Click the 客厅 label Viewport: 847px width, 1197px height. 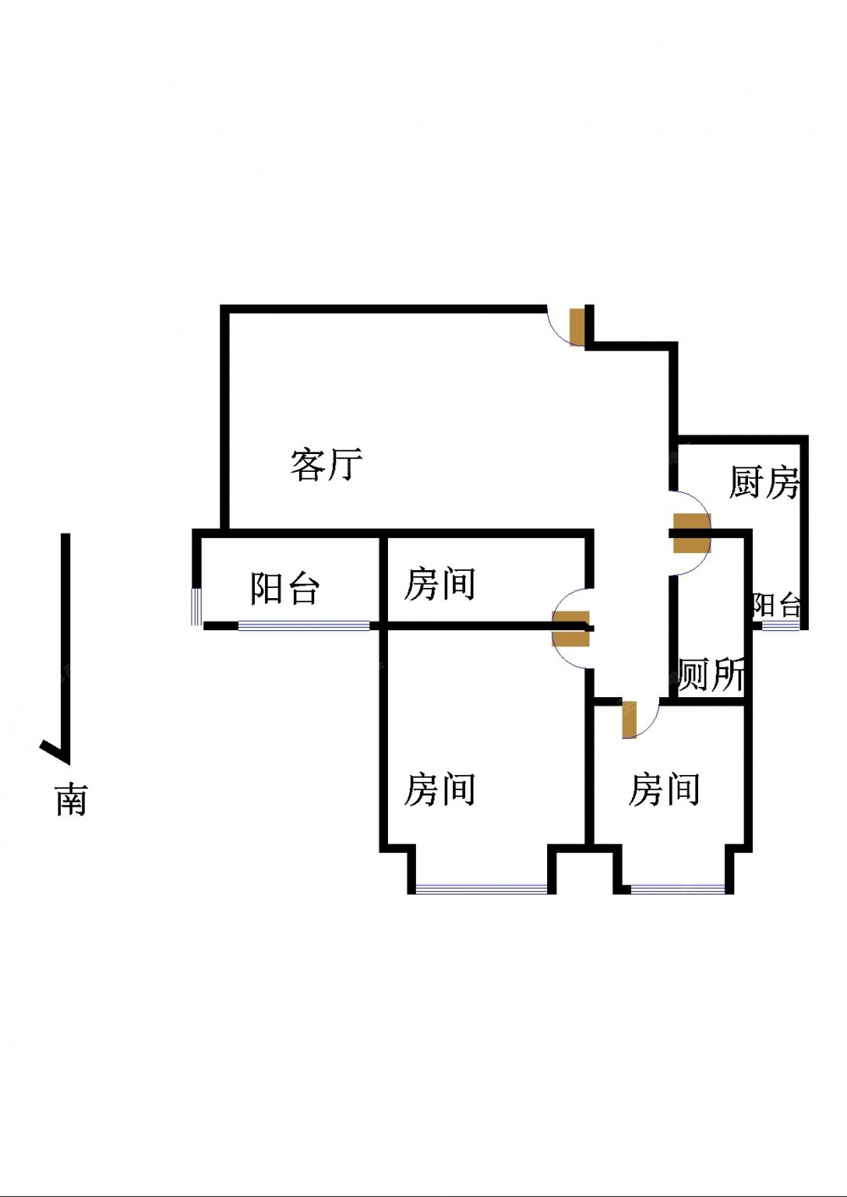pyautogui.click(x=326, y=464)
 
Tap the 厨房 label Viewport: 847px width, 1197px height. pyautogui.click(x=764, y=482)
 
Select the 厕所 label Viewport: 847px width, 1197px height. pyautogui.click(x=711, y=675)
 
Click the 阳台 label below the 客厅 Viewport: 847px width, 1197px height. pyautogui.click(x=285, y=588)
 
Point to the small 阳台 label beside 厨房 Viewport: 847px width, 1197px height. pyautogui.click(x=777, y=605)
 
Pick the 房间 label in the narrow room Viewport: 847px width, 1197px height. pyautogui.click(x=440, y=585)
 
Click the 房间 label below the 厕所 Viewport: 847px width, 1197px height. pyautogui.click(x=664, y=790)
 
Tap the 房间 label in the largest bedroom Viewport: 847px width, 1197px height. pyautogui.click(x=440, y=790)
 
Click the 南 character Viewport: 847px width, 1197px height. pyautogui.click(x=71, y=800)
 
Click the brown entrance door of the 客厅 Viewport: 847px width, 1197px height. pyautogui.click(x=577, y=327)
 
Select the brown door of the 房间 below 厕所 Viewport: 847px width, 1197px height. pyautogui.click(x=628, y=719)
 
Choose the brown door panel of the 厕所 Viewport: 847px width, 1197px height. pyautogui.click(x=691, y=544)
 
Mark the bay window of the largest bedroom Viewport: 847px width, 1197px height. pyautogui.click(x=482, y=889)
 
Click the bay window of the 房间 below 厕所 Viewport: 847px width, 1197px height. pyautogui.click(x=678, y=889)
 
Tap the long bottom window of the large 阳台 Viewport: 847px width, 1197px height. pyautogui.click(x=304, y=626)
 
